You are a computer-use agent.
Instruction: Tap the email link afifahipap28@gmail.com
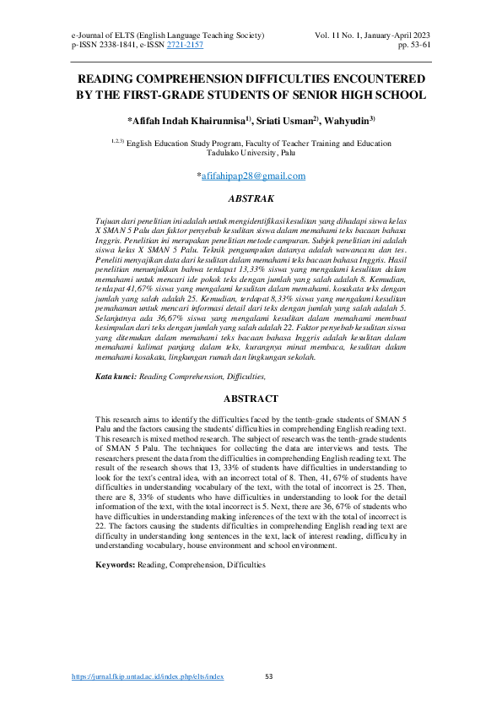(x=252, y=176)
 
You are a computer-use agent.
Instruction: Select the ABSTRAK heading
(x=251, y=200)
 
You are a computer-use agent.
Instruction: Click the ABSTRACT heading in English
(x=251, y=399)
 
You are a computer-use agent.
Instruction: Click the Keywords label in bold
(x=115, y=563)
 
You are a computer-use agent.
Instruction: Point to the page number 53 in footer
(x=270, y=677)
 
